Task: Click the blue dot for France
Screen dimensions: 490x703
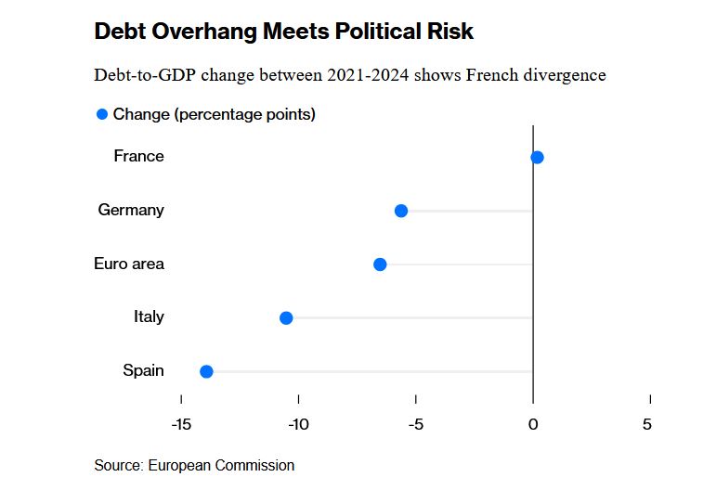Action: point(537,157)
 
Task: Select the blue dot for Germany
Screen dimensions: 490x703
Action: point(401,211)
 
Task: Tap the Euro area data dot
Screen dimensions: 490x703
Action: point(380,264)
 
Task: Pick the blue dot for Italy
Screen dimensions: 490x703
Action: point(286,318)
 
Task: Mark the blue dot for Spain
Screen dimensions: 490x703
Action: point(206,371)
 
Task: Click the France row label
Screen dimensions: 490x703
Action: point(138,156)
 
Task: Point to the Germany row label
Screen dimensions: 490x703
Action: point(131,210)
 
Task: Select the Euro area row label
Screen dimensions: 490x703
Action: point(129,264)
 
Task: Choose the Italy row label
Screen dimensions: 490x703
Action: point(149,316)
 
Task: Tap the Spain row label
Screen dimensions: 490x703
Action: point(143,370)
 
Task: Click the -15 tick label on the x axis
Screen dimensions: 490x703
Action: point(181,424)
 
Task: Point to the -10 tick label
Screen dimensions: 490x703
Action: point(298,424)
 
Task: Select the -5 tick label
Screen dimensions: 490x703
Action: point(415,424)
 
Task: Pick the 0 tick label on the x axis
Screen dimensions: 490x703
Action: point(533,424)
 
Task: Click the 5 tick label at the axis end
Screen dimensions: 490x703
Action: point(647,424)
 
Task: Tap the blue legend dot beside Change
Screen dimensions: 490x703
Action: point(102,114)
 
